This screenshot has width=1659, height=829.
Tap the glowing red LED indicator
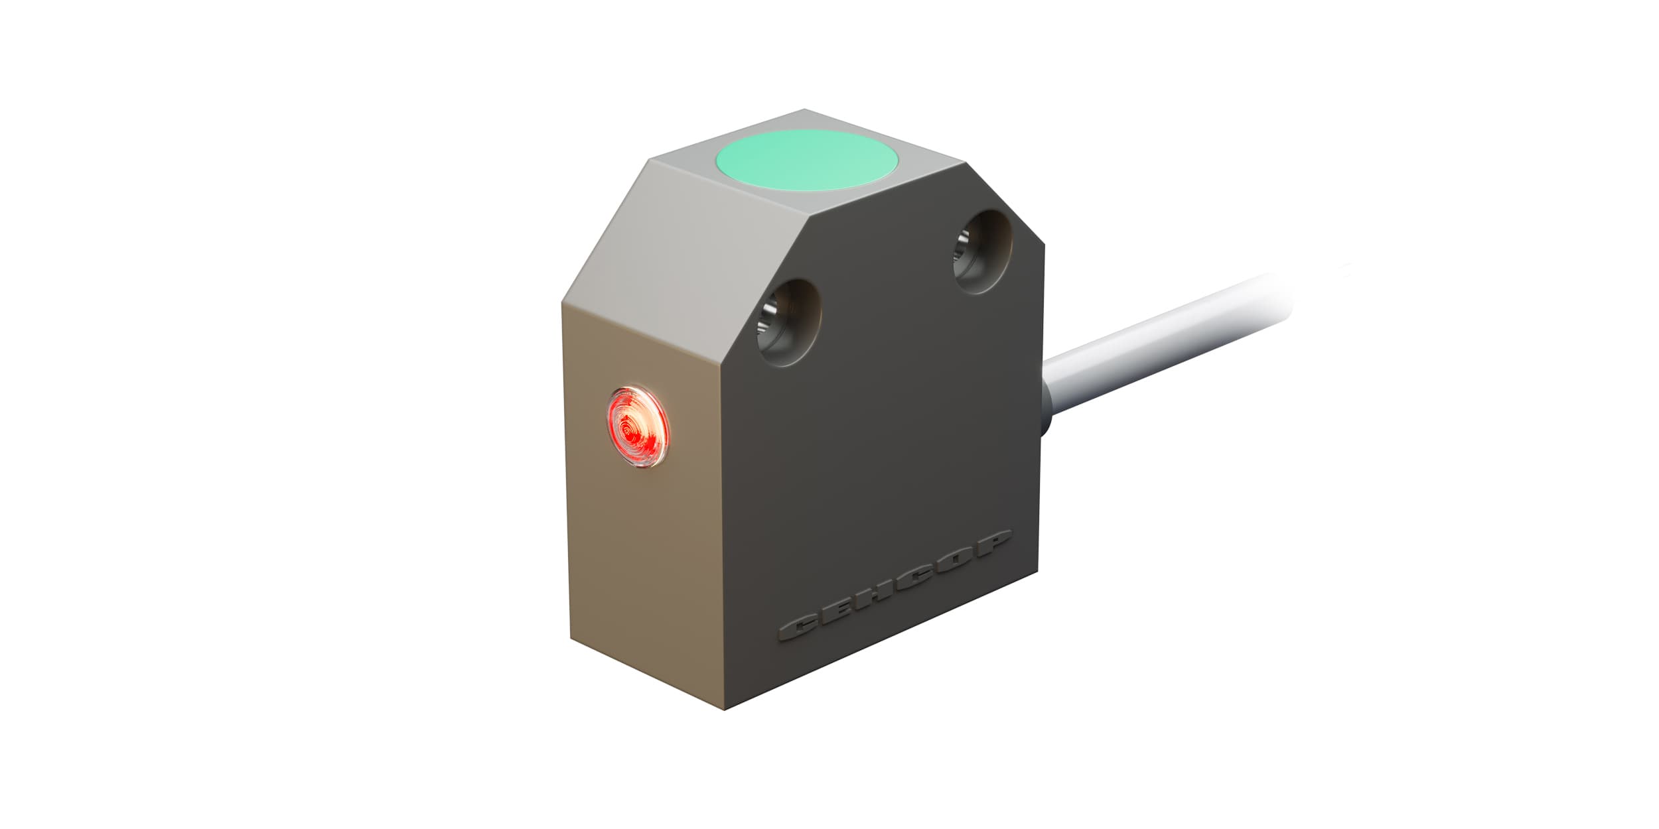[x=638, y=427]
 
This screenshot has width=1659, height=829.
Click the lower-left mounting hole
[x=790, y=322]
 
